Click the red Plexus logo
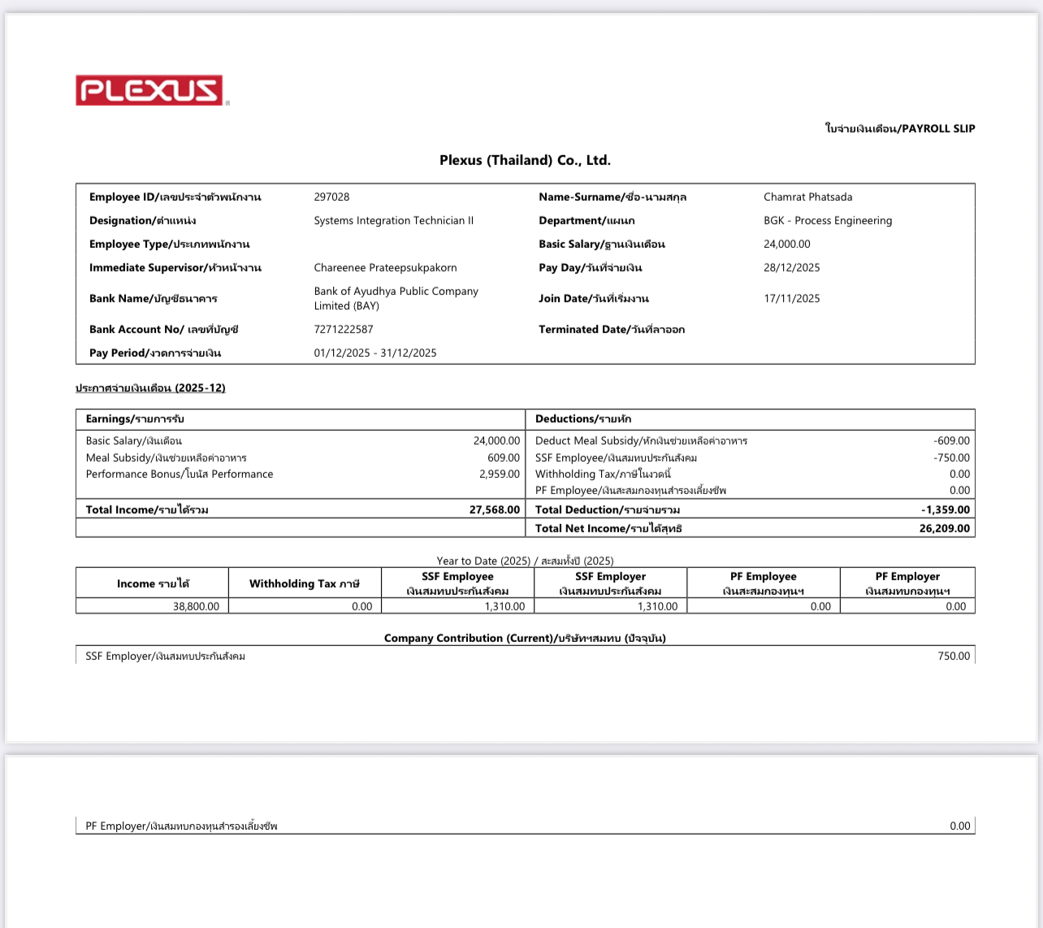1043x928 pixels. pos(149,90)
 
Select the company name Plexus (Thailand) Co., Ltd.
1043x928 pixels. pos(525,160)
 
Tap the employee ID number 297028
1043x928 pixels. pos(331,197)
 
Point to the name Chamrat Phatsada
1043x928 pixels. pos(807,197)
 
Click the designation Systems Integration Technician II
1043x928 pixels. pos(393,220)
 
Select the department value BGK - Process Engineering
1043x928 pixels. pos(827,220)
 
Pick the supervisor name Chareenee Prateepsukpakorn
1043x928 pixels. pos(385,267)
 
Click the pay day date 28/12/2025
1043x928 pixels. pos(791,267)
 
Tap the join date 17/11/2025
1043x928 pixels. pos(791,298)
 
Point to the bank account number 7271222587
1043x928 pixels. pos(344,329)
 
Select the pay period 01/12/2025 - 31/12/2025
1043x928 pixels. pos(375,353)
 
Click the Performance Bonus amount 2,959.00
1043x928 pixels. pos(499,474)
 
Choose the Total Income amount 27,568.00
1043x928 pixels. pos(494,510)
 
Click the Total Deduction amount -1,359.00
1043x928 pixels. pos(945,510)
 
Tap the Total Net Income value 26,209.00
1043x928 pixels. pos(944,528)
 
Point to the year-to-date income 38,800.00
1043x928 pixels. pos(196,606)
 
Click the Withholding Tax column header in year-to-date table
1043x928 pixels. pos(304,583)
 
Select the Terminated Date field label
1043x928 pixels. pos(611,329)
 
